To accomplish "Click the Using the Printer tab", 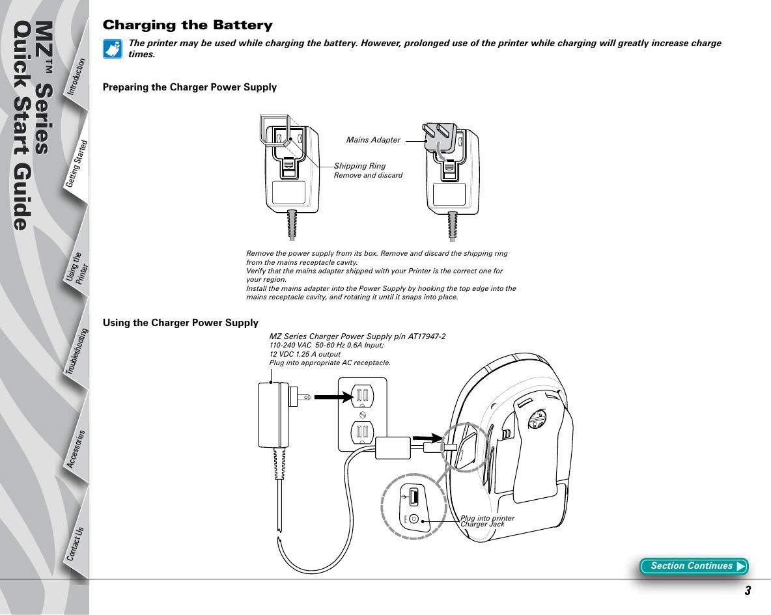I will [77, 269].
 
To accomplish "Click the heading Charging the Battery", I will [188, 26].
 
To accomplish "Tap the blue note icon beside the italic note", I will [112, 49].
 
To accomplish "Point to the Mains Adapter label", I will [373, 140].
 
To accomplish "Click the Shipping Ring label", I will [359, 167].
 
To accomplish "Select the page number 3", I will [748, 591].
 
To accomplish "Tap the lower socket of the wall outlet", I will [362, 431].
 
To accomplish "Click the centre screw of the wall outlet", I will [363, 414].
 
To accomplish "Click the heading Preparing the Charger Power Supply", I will [190, 87].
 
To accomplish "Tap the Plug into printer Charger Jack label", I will [487, 521].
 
